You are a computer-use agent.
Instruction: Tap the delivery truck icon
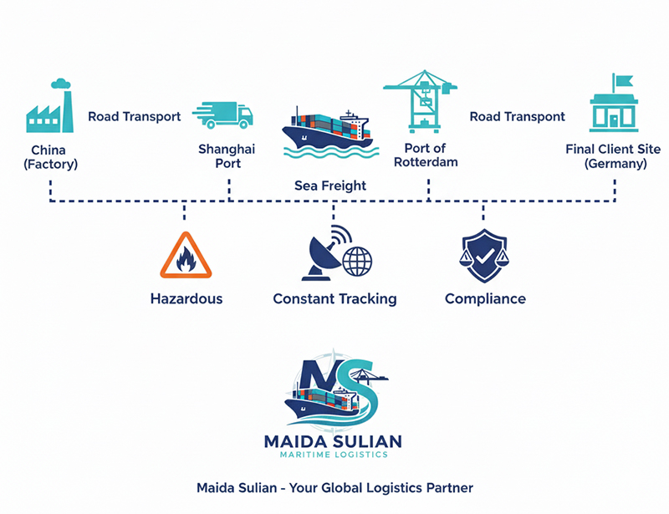click(x=222, y=115)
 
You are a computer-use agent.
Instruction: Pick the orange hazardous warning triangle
click(x=186, y=256)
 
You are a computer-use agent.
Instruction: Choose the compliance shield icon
click(x=484, y=254)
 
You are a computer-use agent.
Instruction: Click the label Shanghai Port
click(x=227, y=156)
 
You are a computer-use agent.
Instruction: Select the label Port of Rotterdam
click(x=431, y=155)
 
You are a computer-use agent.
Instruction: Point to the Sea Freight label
click(x=330, y=186)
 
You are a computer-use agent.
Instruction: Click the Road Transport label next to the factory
click(x=134, y=117)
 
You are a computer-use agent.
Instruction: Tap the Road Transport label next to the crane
click(x=517, y=117)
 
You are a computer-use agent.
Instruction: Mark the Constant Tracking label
click(x=334, y=298)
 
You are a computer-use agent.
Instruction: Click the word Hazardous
click(x=186, y=298)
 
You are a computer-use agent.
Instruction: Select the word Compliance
click(x=485, y=298)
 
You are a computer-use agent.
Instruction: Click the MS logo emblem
click(x=334, y=389)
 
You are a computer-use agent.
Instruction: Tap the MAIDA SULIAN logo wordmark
click(x=334, y=440)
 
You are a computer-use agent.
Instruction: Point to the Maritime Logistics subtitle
click(x=334, y=455)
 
